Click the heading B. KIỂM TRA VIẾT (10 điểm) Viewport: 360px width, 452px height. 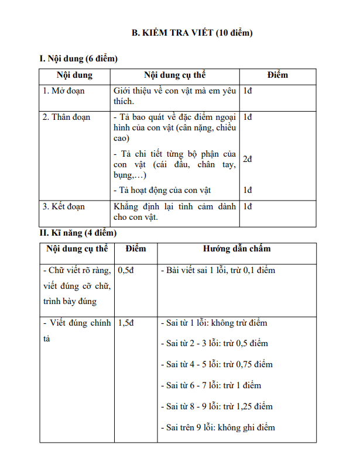[191, 33]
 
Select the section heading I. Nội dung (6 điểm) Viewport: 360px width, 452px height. [78, 58]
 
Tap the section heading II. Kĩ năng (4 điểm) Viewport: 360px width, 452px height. [78, 233]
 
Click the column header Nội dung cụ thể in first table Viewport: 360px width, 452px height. [175, 75]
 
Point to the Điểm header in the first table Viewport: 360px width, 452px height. [277, 75]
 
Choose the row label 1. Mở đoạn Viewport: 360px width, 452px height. [64, 91]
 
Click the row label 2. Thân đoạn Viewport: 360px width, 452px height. [67, 117]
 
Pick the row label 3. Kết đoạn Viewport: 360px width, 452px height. [64, 206]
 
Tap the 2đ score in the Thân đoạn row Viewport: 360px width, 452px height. [248, 159]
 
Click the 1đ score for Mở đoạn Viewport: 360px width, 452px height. [248, 91]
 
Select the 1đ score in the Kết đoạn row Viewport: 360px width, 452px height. [248, 206]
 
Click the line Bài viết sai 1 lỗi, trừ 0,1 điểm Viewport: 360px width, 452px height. [217, 270]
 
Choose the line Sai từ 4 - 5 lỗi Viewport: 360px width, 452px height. [216, 364]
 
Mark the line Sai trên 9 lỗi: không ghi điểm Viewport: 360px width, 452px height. [217, 427]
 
